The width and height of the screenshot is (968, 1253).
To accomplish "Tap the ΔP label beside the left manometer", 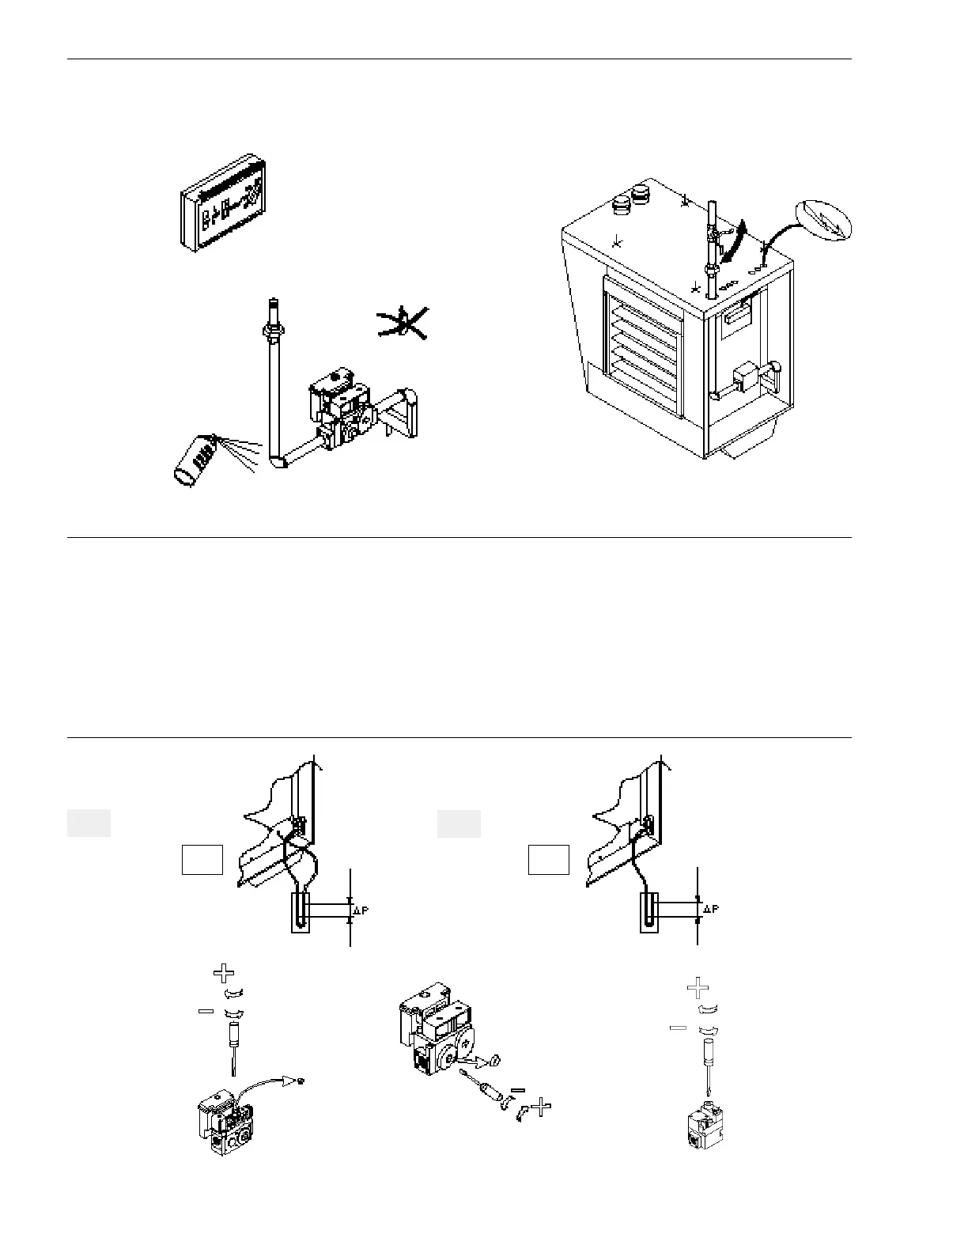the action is [x=361, y=910].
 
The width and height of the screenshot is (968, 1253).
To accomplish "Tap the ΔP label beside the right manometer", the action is [x=710, y=910].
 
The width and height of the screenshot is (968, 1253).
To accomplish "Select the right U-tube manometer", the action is [x=650, y=914].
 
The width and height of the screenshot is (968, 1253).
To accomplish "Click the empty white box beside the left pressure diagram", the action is [x=202, y=860].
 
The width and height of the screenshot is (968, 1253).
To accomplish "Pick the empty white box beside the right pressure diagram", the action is [x=549, y=860].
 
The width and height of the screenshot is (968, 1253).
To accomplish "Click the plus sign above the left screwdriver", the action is [x=225, y=973].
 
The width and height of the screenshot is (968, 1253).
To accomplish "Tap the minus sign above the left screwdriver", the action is [x=206, y=1012].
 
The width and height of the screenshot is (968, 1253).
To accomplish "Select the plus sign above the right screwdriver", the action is [x=697, y=988].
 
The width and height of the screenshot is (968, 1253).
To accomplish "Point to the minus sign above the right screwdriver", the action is [x=678, y=1028].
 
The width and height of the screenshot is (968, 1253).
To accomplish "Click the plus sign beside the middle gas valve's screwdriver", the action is [x=541, y=1107].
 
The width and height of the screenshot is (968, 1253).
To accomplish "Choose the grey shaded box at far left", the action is [x=88, y=823].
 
